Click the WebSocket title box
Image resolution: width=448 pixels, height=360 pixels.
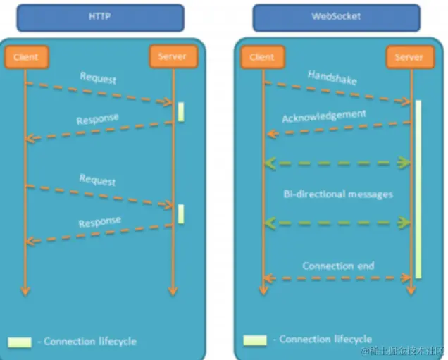click(335, 17)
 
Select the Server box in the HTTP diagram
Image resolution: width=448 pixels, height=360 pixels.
click(173, 56)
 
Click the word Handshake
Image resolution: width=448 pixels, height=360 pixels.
click(332, 77)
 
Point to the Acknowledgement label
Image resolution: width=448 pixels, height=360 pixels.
click(324, 116)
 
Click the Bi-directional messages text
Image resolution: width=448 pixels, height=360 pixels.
click(337, 193)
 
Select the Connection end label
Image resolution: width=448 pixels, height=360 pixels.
click(338, 266)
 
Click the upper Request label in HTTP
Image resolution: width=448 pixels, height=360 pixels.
click(98, 77)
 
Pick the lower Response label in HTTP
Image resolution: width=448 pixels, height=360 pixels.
click(99, 222)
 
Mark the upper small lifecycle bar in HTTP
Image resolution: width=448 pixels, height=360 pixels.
click(180, 111)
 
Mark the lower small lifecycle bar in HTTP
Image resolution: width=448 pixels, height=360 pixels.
click(180, 213)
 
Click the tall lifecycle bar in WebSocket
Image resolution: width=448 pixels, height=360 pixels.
click(418, 189)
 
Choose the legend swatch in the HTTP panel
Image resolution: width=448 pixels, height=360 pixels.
click(20, 342)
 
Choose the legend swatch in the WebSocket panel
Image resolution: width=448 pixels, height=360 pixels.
click(255, 340)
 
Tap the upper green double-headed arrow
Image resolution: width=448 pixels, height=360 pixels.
click(337, 163)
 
